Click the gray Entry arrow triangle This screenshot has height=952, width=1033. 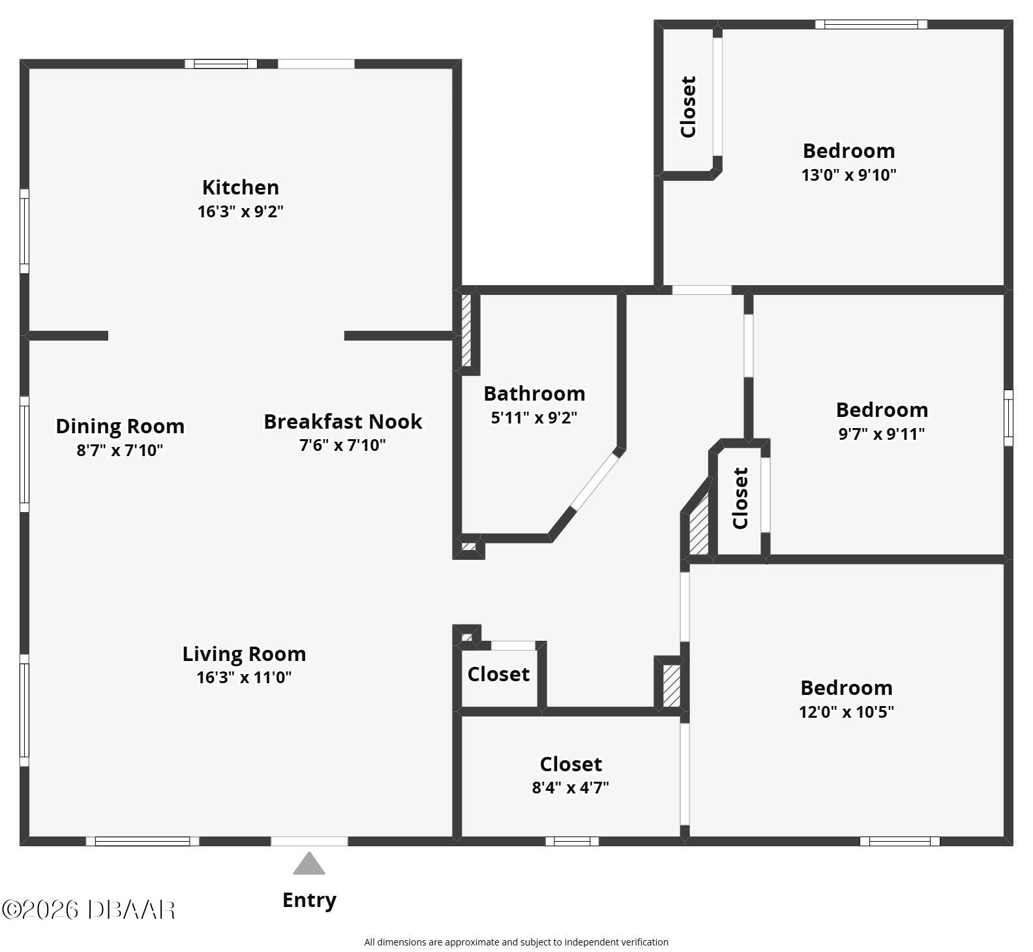click(x=309, y=863)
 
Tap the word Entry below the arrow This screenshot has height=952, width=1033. click(x=309, y=900)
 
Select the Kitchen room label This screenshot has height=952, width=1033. click(x=241, y=187)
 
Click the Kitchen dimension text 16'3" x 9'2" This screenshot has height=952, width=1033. click(x=241, y=211)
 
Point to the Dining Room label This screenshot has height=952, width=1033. click(x=120, y=426)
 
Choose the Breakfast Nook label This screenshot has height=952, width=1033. click(x=343, y=422)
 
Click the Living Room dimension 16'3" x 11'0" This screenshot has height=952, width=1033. click(x=245, y=677)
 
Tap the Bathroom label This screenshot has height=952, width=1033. click(x=534, y=393)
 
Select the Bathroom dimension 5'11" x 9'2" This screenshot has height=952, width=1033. click(x=534, y=418)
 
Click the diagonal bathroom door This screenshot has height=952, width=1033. click(x=595, y=481)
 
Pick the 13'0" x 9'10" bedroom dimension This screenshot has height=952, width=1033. click(x=849, y=175)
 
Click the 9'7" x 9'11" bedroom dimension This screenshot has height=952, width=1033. click(x=882, y=434)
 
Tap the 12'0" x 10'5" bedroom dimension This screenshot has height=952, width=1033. click(x=846, y=712)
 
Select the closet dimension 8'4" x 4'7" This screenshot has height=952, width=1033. click(x=571, y=788)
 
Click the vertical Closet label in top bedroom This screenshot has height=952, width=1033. click(x=688, y=107)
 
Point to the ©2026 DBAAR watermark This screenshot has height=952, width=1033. click(x=89, y=910)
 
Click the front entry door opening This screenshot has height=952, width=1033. click(x=309, y=841)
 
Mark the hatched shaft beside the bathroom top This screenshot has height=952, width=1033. click(x=466, y=331)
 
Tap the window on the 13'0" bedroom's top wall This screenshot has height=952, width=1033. click(x=871, y=25)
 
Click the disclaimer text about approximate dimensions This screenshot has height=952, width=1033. click(x=516, y=942)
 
